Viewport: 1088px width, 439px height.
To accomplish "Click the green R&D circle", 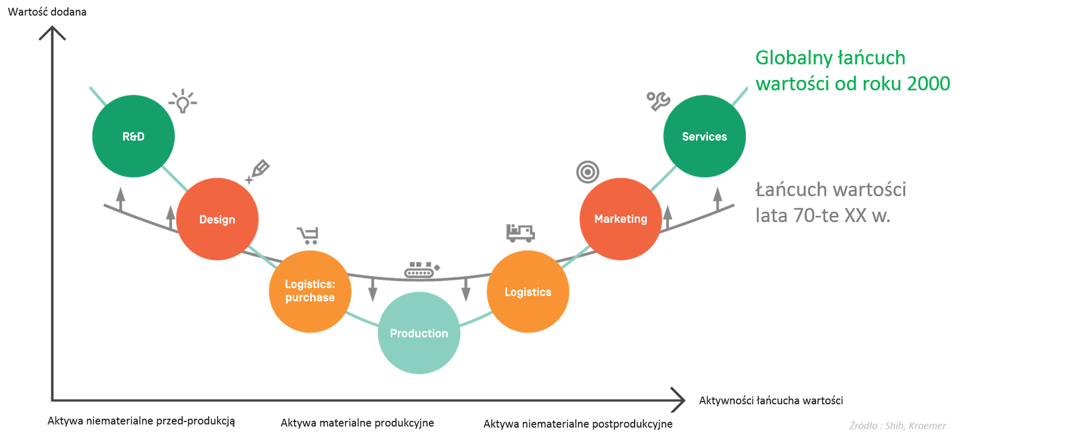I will pyautogui.click(x=133, y=137).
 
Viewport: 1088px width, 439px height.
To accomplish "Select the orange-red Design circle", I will pyautogui.click(x=217, y=219).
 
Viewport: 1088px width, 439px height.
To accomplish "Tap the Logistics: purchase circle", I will pyautogui.click(x=310, y=291).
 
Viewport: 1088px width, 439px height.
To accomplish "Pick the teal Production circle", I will pyautogui.click(x=419, y=333).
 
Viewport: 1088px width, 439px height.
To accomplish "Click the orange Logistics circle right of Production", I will pyautogui.click(x=528, y=292).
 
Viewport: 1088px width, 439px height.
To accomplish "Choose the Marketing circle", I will pyautogui.click(x=620, y=219).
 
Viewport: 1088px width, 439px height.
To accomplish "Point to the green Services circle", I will pyautogui.click(x=704, y=137).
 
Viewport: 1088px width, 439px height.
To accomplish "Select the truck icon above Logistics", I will pyautogui.click(x=520, y=233).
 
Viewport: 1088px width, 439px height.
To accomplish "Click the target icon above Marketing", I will pyautogui.click(x=588, y=172).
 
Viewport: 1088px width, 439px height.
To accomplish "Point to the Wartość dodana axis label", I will pyautogui.click(x=48, y=12).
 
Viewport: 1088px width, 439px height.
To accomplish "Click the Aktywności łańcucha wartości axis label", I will pyautogui.click(x=771, y=400).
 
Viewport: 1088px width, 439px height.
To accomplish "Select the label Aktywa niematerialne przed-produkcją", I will pyautogui.click(x=141, y=421).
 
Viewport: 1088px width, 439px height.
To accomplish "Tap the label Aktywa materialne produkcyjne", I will pyautogui.click(x=357, y=423).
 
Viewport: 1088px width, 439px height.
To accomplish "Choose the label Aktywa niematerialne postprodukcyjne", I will pyautogui.click(x=578, y=424).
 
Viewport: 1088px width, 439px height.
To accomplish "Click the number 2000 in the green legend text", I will pyautogui.click(x=928, y=84).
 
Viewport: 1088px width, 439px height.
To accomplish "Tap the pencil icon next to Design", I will pyautogui.click(x=258, y=171).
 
